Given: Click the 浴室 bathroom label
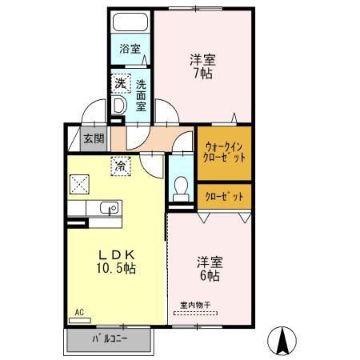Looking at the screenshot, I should (130, 49).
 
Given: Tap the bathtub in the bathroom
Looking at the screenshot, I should (130, 22).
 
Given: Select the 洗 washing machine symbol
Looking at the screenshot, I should (119, 82).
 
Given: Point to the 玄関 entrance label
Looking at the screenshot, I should (94, 138).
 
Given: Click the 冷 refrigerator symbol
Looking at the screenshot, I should (120, 166).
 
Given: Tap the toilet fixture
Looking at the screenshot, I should (181, 188).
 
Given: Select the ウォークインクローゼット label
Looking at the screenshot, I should (225, 152).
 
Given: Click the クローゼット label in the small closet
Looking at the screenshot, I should (225, 196).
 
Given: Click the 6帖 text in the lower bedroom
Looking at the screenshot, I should (210, 275).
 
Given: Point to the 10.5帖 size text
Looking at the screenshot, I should (118, 268).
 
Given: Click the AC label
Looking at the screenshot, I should (79, 312).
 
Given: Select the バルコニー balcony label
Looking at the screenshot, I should (109, 338).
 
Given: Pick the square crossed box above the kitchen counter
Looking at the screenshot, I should (80, 184).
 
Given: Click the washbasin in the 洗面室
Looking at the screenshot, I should (119, 104).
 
